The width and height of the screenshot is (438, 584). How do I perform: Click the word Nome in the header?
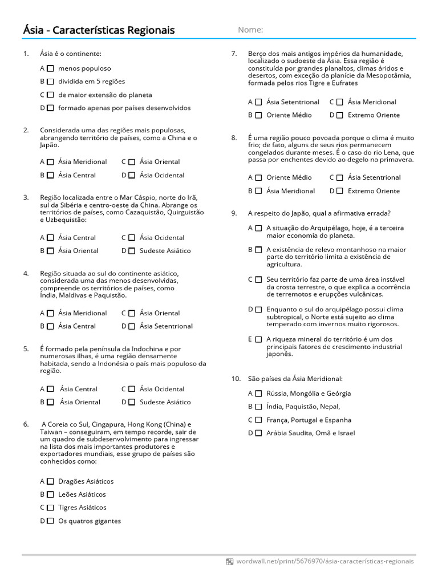point(250,30)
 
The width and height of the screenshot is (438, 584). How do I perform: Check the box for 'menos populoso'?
point(50,68)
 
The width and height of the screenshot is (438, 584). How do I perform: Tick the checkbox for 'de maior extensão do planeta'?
point(50,95)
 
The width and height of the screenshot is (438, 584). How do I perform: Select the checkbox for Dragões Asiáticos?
point(50,481)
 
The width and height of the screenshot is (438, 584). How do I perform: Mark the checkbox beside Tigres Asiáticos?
point(50,508)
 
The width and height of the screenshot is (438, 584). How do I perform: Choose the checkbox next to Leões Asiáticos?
point(50,494)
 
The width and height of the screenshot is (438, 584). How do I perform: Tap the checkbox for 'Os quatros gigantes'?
point(50,521)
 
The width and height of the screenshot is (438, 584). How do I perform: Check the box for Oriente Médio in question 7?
point(258,115)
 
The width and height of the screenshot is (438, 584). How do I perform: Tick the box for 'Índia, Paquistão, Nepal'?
point(258,407)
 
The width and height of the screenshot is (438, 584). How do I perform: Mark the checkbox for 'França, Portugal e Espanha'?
point(258,420)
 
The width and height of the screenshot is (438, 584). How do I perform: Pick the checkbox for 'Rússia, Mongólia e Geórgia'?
point(258,394)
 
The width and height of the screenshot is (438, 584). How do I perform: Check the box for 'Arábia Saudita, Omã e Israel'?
point(258,433)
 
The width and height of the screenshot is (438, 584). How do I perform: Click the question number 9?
point(234,213)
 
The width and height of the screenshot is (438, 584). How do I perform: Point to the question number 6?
point(26,424)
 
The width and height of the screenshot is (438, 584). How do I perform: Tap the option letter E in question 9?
point(250,339)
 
